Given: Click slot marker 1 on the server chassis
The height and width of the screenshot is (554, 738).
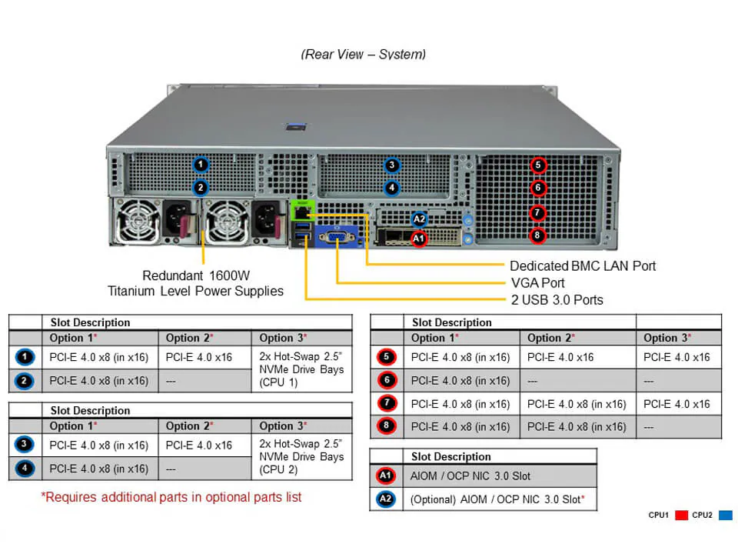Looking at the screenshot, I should pos(201,164).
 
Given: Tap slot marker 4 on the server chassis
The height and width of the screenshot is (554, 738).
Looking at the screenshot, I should pos(392,187).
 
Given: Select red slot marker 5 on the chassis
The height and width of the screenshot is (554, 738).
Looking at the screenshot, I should pos(538,165).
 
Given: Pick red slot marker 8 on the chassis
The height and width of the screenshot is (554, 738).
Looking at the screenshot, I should pos(538,235).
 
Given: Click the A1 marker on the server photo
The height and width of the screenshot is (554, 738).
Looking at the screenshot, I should pos(418,239).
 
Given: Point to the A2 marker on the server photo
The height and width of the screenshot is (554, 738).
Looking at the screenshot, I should pos(419,219).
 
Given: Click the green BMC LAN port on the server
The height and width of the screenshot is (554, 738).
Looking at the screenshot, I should pos(301,210).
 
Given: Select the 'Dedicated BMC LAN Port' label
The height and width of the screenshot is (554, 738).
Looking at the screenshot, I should pos(583,265).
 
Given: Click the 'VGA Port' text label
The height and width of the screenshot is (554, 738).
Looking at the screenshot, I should pos(537,282).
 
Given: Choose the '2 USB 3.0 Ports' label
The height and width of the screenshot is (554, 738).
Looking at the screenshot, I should pos(557,299).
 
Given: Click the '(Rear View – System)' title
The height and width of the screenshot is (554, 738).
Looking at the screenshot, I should pos(363,54).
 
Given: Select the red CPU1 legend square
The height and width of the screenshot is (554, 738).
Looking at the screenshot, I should pos(680,515).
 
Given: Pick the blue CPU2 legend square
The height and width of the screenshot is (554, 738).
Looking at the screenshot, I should pos(725,515).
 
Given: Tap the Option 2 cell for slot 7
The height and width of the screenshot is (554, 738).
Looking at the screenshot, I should pos(577,404).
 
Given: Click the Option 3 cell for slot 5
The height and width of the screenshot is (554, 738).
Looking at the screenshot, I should pos(676,357).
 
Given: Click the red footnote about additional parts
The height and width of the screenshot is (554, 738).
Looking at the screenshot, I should pos(171,497).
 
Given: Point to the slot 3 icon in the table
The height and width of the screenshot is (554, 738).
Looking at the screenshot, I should pos(25,445).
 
